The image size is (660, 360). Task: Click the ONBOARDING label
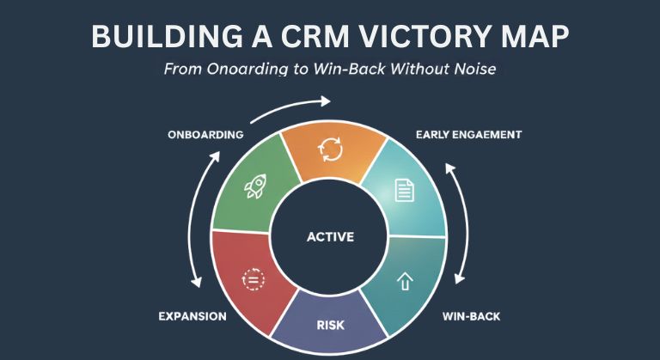click(206, 135)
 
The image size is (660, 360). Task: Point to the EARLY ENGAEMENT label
click(469, 135)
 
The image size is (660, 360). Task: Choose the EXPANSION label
click(192, 316)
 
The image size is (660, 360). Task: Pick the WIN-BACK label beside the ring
click(471, 316)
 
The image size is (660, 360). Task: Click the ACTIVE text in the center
click(330, 236)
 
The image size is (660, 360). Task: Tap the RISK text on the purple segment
click(329, 325)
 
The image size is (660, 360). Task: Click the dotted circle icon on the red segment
click(255, 278)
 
